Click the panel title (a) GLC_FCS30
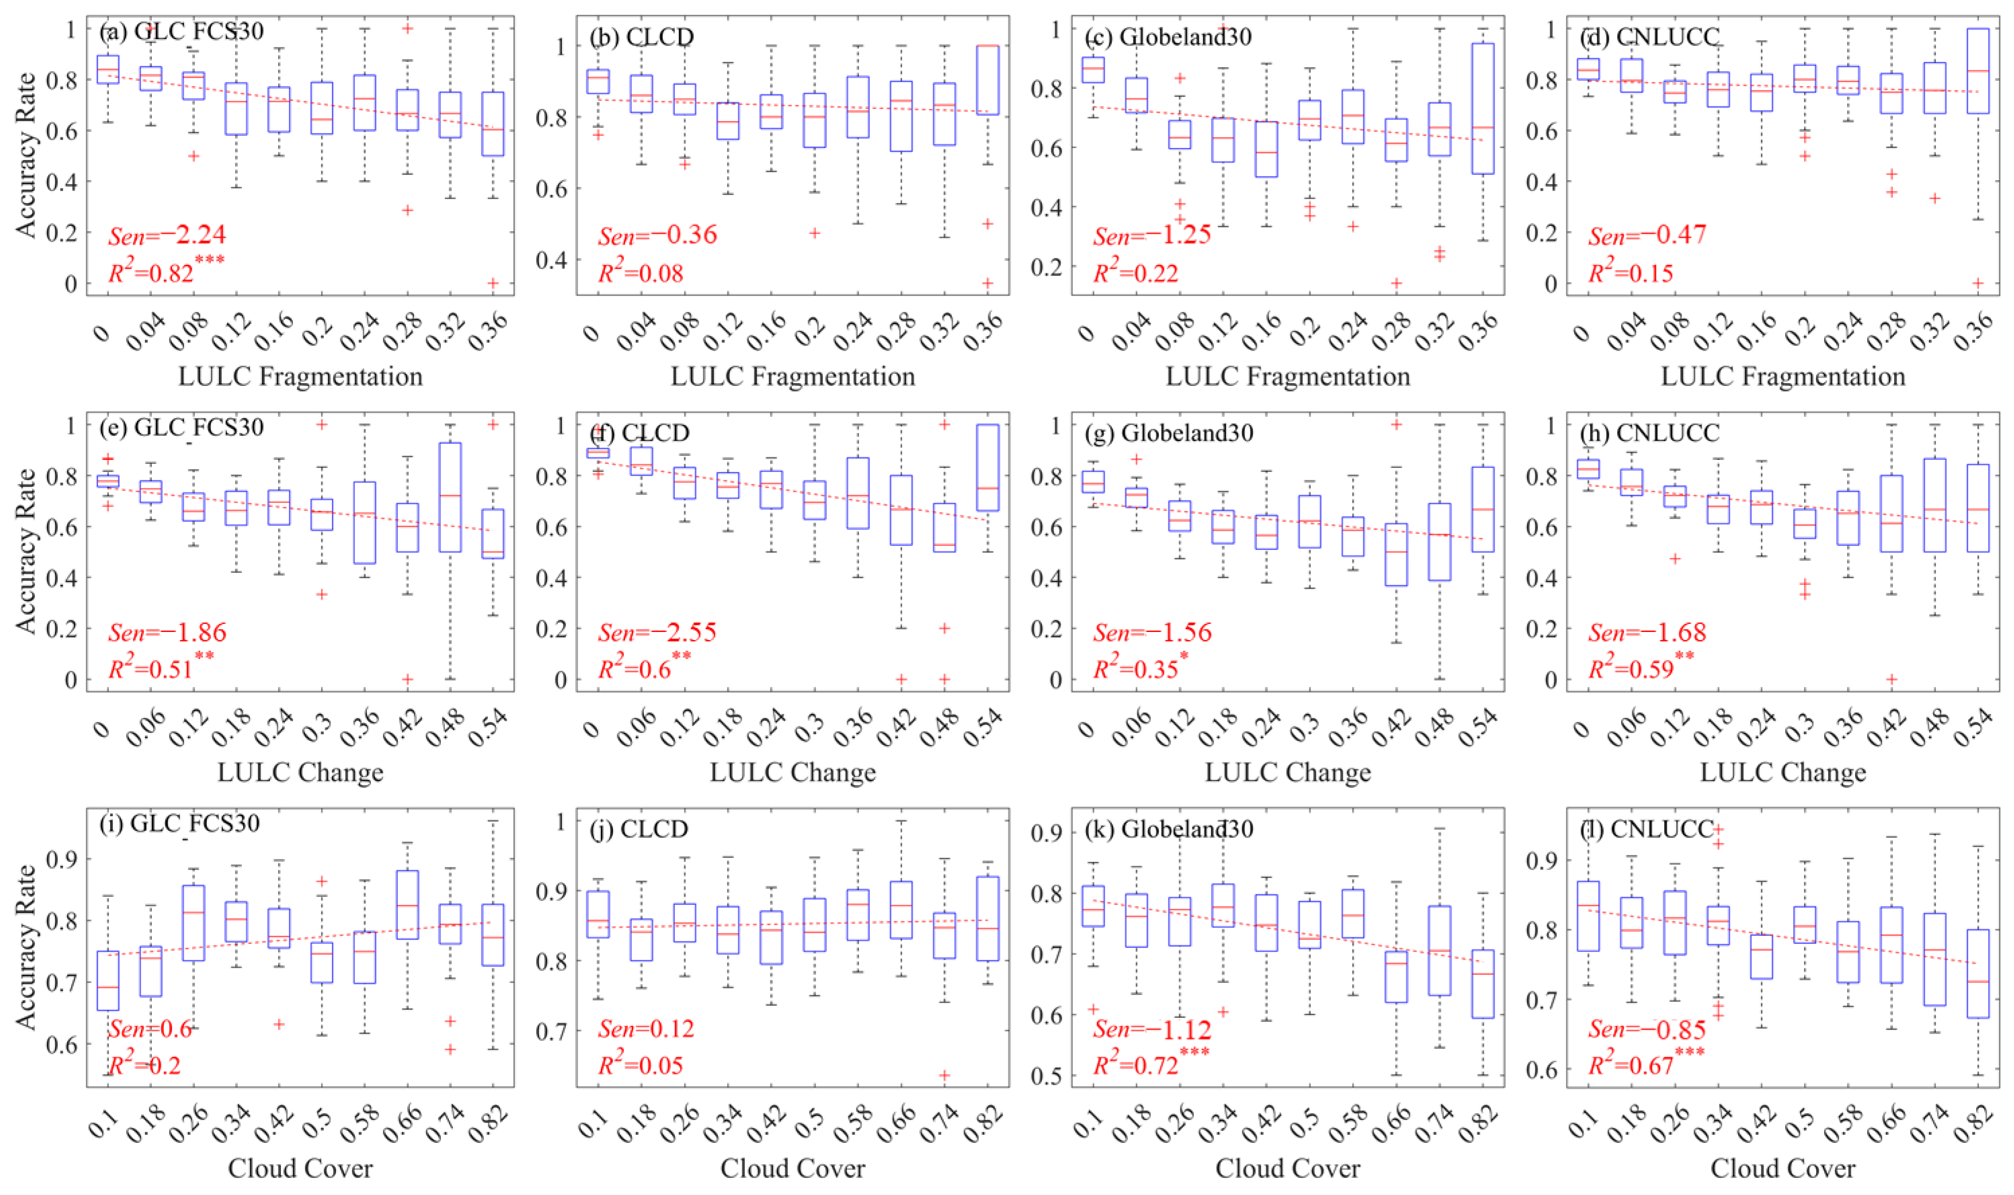(x=182, y=32)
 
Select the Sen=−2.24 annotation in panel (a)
(x=167, y=235)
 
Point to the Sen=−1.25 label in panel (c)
(x=1152, y=235)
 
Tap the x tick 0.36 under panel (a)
(x=490, y=331)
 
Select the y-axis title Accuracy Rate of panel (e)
(x=26, y=552)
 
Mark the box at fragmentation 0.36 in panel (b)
(x=988, y=80)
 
